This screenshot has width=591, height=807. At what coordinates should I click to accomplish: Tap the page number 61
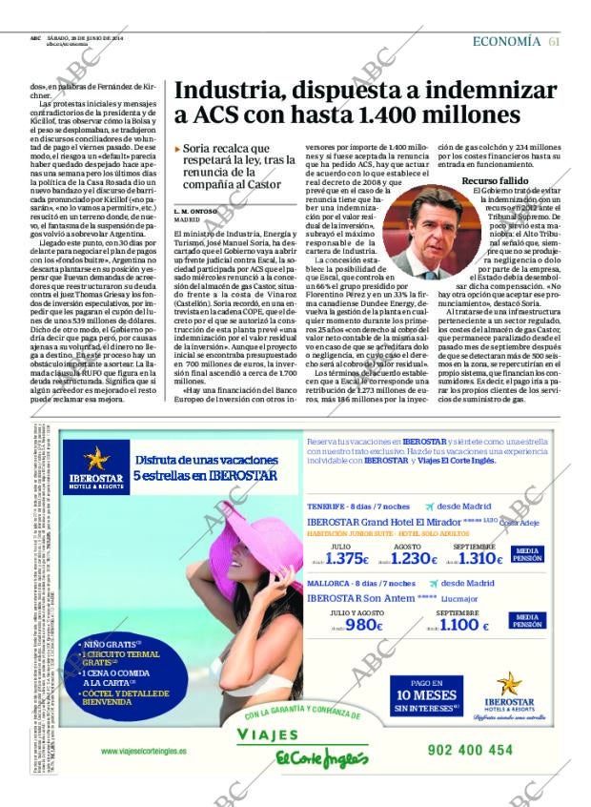coord(555,41)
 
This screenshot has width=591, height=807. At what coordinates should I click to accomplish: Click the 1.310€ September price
coord(479,560)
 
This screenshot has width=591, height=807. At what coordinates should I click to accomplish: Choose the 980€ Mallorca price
coord(363,626)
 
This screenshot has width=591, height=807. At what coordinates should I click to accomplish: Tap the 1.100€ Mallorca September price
coord(463,626)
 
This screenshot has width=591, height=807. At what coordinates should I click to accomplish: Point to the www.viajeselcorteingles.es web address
coord(143,751)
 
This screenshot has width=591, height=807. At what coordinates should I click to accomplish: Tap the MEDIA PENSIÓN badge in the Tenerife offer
coord(530,555)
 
